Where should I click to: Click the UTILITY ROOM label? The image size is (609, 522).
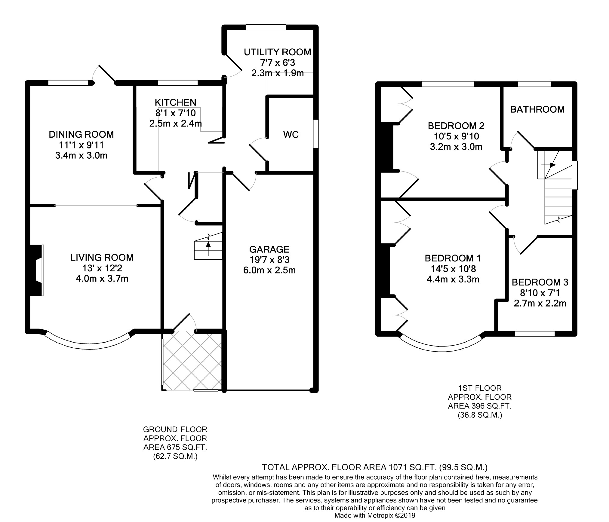point(277,52)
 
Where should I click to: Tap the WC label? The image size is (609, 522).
point(291,135)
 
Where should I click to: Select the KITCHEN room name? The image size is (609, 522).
point(175,102)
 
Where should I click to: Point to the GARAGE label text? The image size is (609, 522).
point(269,249)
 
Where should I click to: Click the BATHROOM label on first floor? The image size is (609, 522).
point(537,109)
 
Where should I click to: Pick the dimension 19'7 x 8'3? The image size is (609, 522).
point(269,260)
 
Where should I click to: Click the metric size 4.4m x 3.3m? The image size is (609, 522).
point(453,279)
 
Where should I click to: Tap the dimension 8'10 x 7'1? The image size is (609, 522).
point(540,293)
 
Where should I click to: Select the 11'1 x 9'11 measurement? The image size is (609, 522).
point(81,145)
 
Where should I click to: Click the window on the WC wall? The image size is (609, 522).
point(316,134)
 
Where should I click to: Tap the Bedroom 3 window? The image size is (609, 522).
point(535,334)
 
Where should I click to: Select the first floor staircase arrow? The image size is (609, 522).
point(548,165)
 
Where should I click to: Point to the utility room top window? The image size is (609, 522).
point(266,27)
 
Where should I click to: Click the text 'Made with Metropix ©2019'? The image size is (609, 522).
point(375,515)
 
